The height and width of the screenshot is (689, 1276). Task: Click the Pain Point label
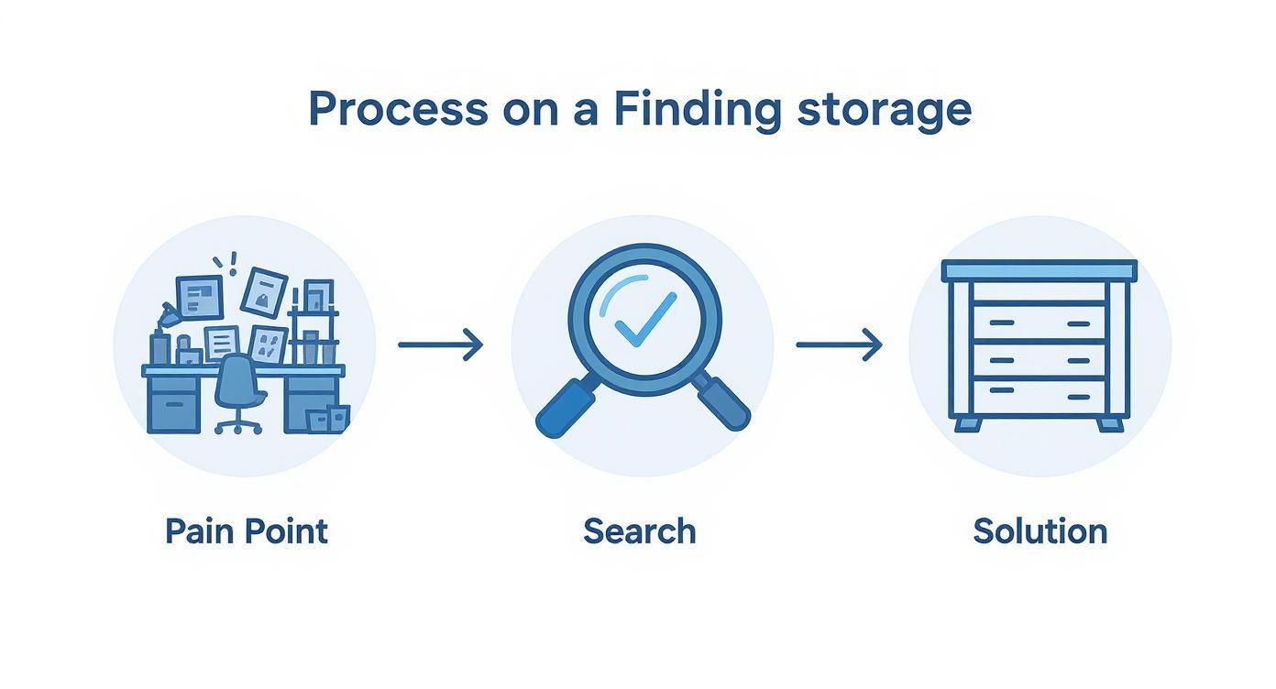[x=246, y=531]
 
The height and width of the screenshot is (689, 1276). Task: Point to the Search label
[x=639, y=531]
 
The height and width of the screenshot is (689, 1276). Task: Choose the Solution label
[x=1039, y=531]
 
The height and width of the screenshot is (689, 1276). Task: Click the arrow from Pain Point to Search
[x=440, y=345]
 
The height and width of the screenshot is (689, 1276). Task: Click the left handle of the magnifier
[x=562, y=410]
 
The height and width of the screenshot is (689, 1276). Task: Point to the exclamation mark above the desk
[x=234, y=262]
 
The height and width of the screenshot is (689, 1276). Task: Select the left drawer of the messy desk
[x=173, y=403]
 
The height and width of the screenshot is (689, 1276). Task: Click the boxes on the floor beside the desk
[x=328, y=418]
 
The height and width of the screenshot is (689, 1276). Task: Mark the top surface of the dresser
[x=1039, y=270]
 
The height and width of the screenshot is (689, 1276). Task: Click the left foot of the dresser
[x=966, y=424]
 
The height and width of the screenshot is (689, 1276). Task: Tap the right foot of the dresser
[x=1110, y=424]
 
